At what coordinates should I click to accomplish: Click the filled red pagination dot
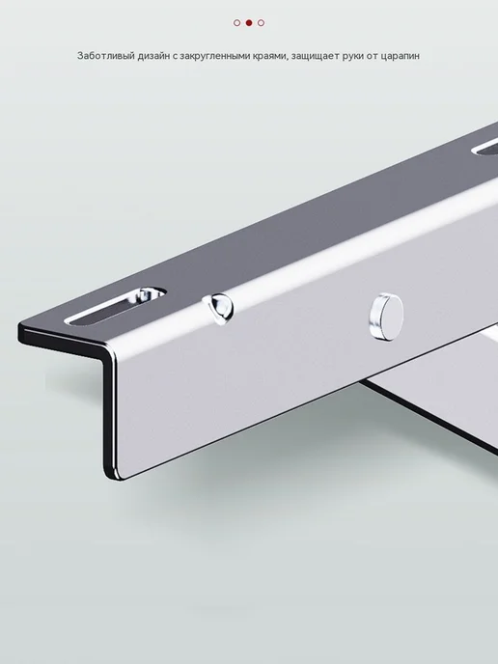tap(249, 23)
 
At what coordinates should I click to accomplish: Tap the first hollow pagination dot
tap(237, 23)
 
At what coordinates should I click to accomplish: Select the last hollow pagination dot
tap(261, 23)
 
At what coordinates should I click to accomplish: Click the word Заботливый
tap(106, 55)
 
